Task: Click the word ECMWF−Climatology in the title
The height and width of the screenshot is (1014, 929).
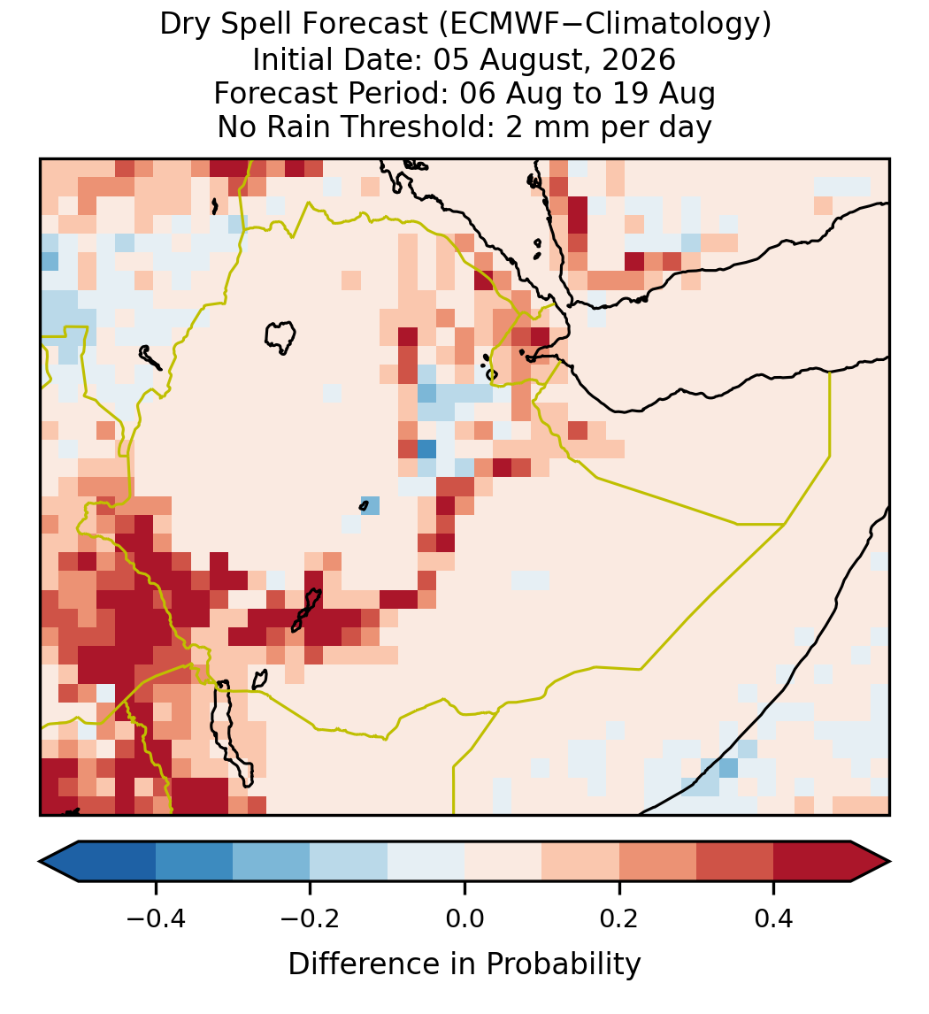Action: (604, 26)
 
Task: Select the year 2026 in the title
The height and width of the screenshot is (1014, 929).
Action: (639, 59)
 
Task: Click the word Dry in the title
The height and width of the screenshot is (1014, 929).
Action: (183, 26)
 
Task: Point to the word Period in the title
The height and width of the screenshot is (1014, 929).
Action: (400, 93)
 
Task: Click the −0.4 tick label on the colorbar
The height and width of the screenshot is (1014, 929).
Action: (156, 918)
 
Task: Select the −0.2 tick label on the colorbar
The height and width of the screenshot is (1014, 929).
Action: (311, 918)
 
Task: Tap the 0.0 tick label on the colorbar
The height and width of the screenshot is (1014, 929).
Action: (464, 918)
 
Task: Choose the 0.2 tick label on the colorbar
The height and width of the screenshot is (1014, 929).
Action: (619, 918)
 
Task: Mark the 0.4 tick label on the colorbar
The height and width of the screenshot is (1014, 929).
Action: (774, 918)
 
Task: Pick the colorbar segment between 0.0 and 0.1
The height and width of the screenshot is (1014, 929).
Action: (503, 862)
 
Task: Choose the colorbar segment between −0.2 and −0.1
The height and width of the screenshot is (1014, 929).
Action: (349, 862)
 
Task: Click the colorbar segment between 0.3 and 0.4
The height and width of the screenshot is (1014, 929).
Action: (735, 862)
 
